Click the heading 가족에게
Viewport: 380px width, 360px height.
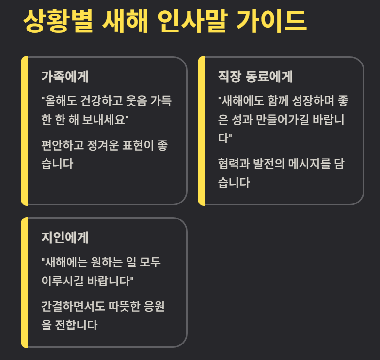[x=65, y=77]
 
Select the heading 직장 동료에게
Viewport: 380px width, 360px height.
[x=256, y=77]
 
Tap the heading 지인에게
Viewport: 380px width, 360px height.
[x=65, y=238]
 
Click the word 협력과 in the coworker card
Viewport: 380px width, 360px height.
[x=234, y=164]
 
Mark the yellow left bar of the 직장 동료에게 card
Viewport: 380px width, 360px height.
[x=201, y=131]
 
